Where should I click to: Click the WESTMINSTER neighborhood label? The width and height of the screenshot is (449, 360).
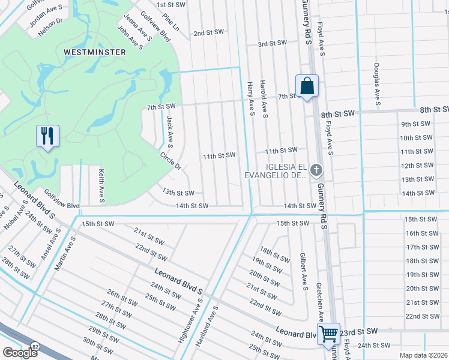(95, 52)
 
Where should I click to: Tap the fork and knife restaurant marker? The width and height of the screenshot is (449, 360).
(47, 135)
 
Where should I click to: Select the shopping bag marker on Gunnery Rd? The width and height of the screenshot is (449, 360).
(307, 86)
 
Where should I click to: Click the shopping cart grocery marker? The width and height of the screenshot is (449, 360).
(328, 334)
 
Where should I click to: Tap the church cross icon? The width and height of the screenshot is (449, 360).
(317, 171)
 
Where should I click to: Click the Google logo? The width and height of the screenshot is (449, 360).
(20, 353)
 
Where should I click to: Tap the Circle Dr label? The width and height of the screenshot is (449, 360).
(170, 161)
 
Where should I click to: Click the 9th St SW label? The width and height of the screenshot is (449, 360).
(416, 124)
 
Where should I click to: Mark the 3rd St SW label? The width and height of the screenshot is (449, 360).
(273, 43)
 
